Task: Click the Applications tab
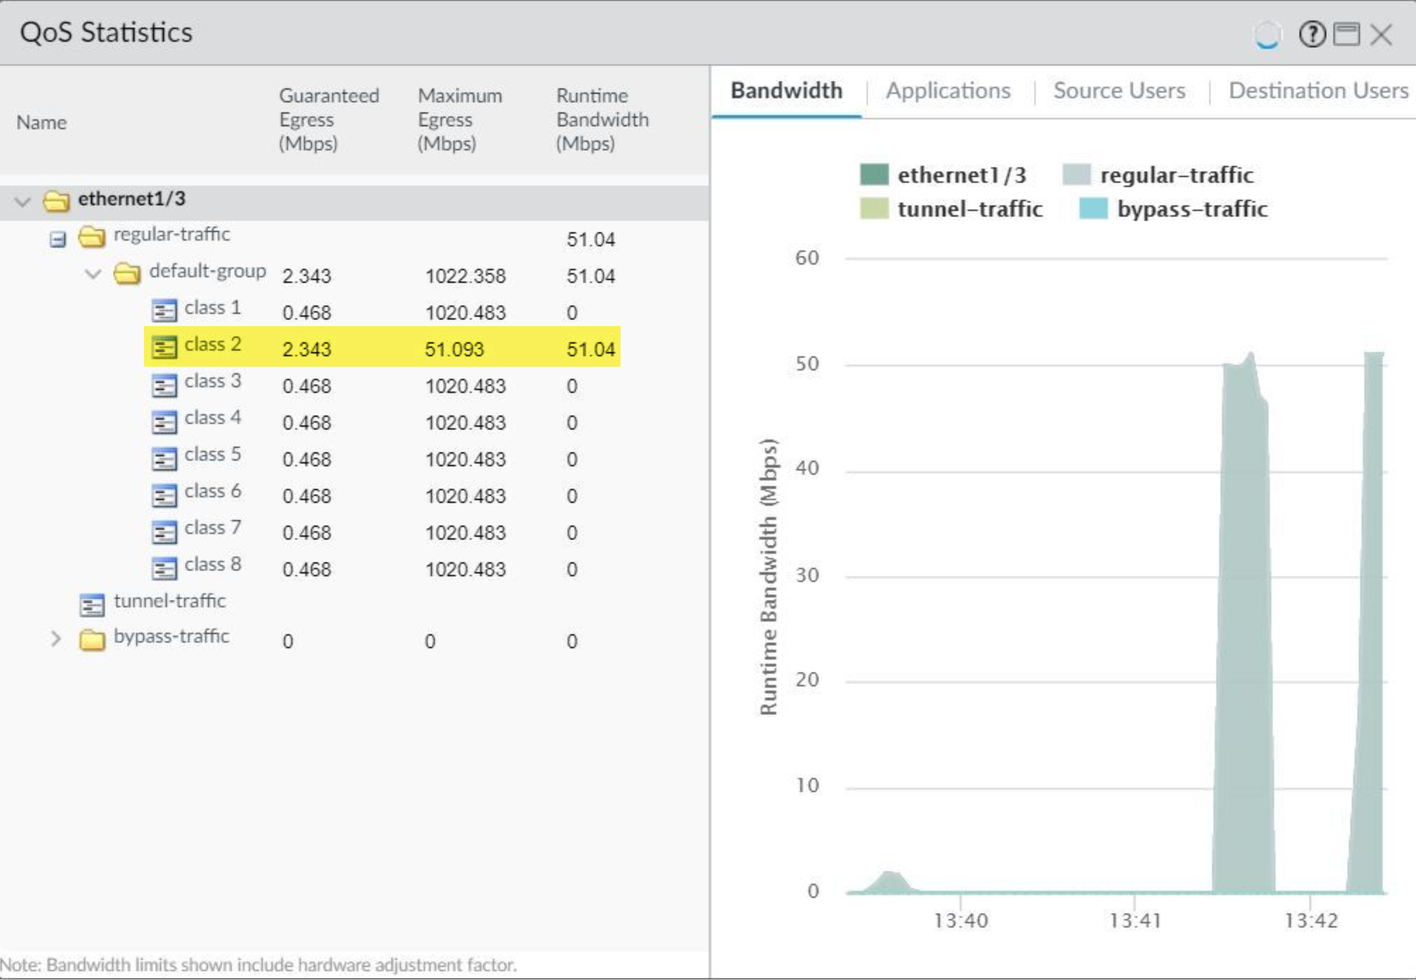948,91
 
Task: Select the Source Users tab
1119,91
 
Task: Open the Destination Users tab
1318,91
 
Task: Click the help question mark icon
1312,34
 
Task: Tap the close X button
1382,34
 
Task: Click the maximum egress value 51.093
454,349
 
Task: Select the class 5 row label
213,454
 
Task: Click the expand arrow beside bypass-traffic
56,639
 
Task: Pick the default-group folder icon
127,273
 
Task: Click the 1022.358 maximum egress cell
465,276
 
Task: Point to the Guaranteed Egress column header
328,120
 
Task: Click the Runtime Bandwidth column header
602,120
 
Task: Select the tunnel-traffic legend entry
969,209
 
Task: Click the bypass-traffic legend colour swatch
1093,209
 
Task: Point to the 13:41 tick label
1134,920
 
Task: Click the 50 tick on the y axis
807,363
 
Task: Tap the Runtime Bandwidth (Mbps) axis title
768,577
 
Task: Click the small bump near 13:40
889,881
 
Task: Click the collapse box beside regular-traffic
58,239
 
